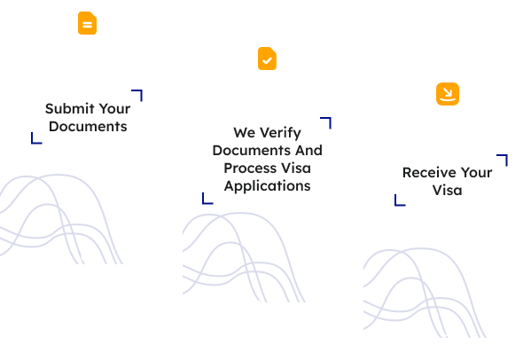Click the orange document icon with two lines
(88, 23)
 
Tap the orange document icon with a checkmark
(267, 59)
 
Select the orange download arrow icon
(448, 94)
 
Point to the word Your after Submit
(114, 109)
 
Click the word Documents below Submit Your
(88, 126)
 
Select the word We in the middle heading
(244, 133)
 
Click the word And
(308, 151)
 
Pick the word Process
(248, 168)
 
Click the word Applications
(267, 186)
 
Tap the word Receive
(429, 173)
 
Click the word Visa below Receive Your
(447, 191)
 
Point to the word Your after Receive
(476, 173)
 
